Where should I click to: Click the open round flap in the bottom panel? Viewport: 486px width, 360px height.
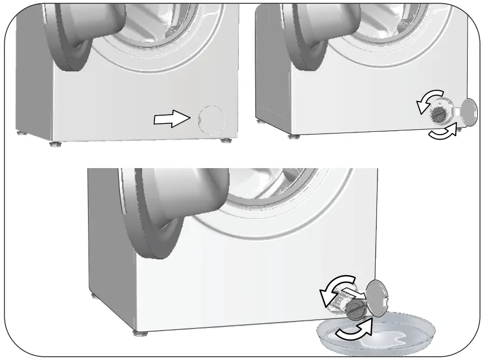click(379, 297)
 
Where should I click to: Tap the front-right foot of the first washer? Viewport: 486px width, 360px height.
click(224, 142)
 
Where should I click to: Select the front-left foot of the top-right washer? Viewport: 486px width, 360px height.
click(292, 136)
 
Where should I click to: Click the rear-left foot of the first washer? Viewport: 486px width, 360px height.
click(20, 132)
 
